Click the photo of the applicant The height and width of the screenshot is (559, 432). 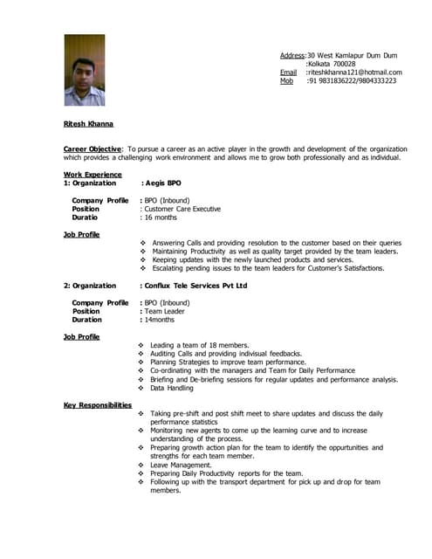[84, 70]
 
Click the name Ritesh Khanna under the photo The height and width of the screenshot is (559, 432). [88, 124]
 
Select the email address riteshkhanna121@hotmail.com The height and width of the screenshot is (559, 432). [355, 72]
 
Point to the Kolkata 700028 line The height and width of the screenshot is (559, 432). [333, 64]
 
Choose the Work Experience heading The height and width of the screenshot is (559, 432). [93, 175]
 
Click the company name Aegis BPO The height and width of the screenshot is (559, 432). [162, 183]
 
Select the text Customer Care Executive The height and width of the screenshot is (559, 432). [182, 210]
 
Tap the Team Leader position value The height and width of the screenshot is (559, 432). [165, 311]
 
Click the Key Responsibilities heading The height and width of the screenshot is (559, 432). [98, 405]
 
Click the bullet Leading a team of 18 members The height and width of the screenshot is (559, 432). [200, 345]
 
